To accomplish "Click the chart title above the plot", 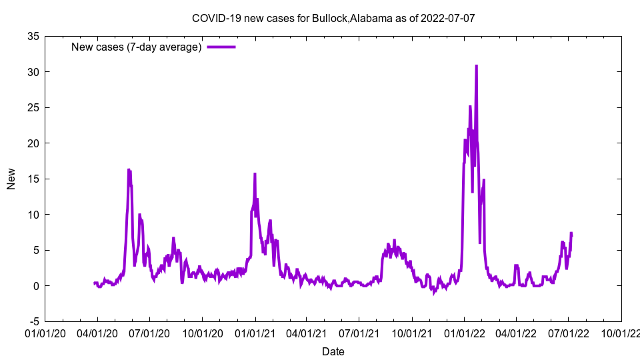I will [x=333, y=18].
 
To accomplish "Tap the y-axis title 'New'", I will [x=11, y=179].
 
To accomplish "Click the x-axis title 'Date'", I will [x=333, y=351].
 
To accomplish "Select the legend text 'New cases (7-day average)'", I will [x=137, y=47].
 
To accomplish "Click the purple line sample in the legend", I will [x=221, y=47].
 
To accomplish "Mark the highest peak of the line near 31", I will [x=476, y=65].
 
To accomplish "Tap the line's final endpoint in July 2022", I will [x=571, y=233].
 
